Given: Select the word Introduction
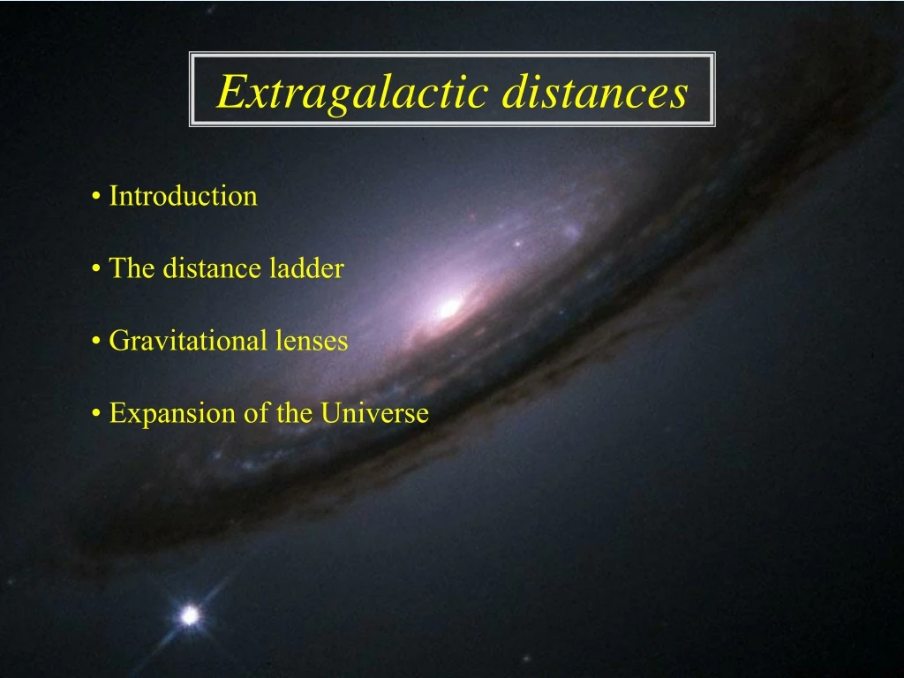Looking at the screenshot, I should pyautogui.click(x=183, y=196).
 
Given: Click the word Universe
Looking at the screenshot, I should pyautogui.click(x=374, y=413).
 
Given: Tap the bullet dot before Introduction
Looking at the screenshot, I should pyautogui.click(x=95, y=197).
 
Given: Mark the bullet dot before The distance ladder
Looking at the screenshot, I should pyautogui.click(x=95, y=269).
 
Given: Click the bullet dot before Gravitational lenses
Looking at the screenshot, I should pyautogui.click(x=95, y=342).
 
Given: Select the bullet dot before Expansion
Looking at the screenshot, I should pyautogui.click(x=95, y=414).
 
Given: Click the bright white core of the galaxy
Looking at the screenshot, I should pyautogui.click(x=449, y=307).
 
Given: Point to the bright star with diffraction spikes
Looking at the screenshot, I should pyautogui.click(x=189, y=615).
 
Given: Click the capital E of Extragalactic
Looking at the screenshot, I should pyautogui.click(x=230, y=92).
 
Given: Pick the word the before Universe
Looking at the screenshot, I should pyautogui.click(x=295, y=413).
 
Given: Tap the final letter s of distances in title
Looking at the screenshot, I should pyautogui.click(x=678, y=95).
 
